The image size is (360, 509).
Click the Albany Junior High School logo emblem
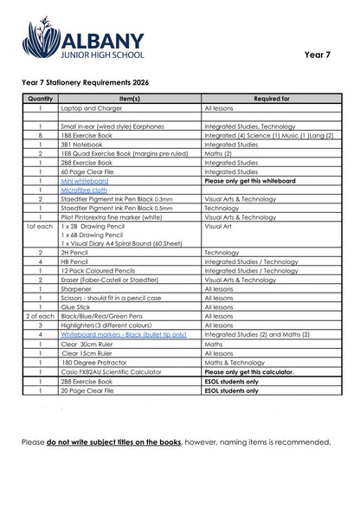point(41,39)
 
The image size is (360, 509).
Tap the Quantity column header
point(40,100)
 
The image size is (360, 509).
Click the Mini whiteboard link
point(84,181)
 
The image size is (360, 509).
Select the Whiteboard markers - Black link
point(123,334)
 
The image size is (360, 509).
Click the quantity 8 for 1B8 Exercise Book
point(40,136)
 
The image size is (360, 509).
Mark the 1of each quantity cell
point(40,227)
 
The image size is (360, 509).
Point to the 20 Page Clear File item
point(90,390)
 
